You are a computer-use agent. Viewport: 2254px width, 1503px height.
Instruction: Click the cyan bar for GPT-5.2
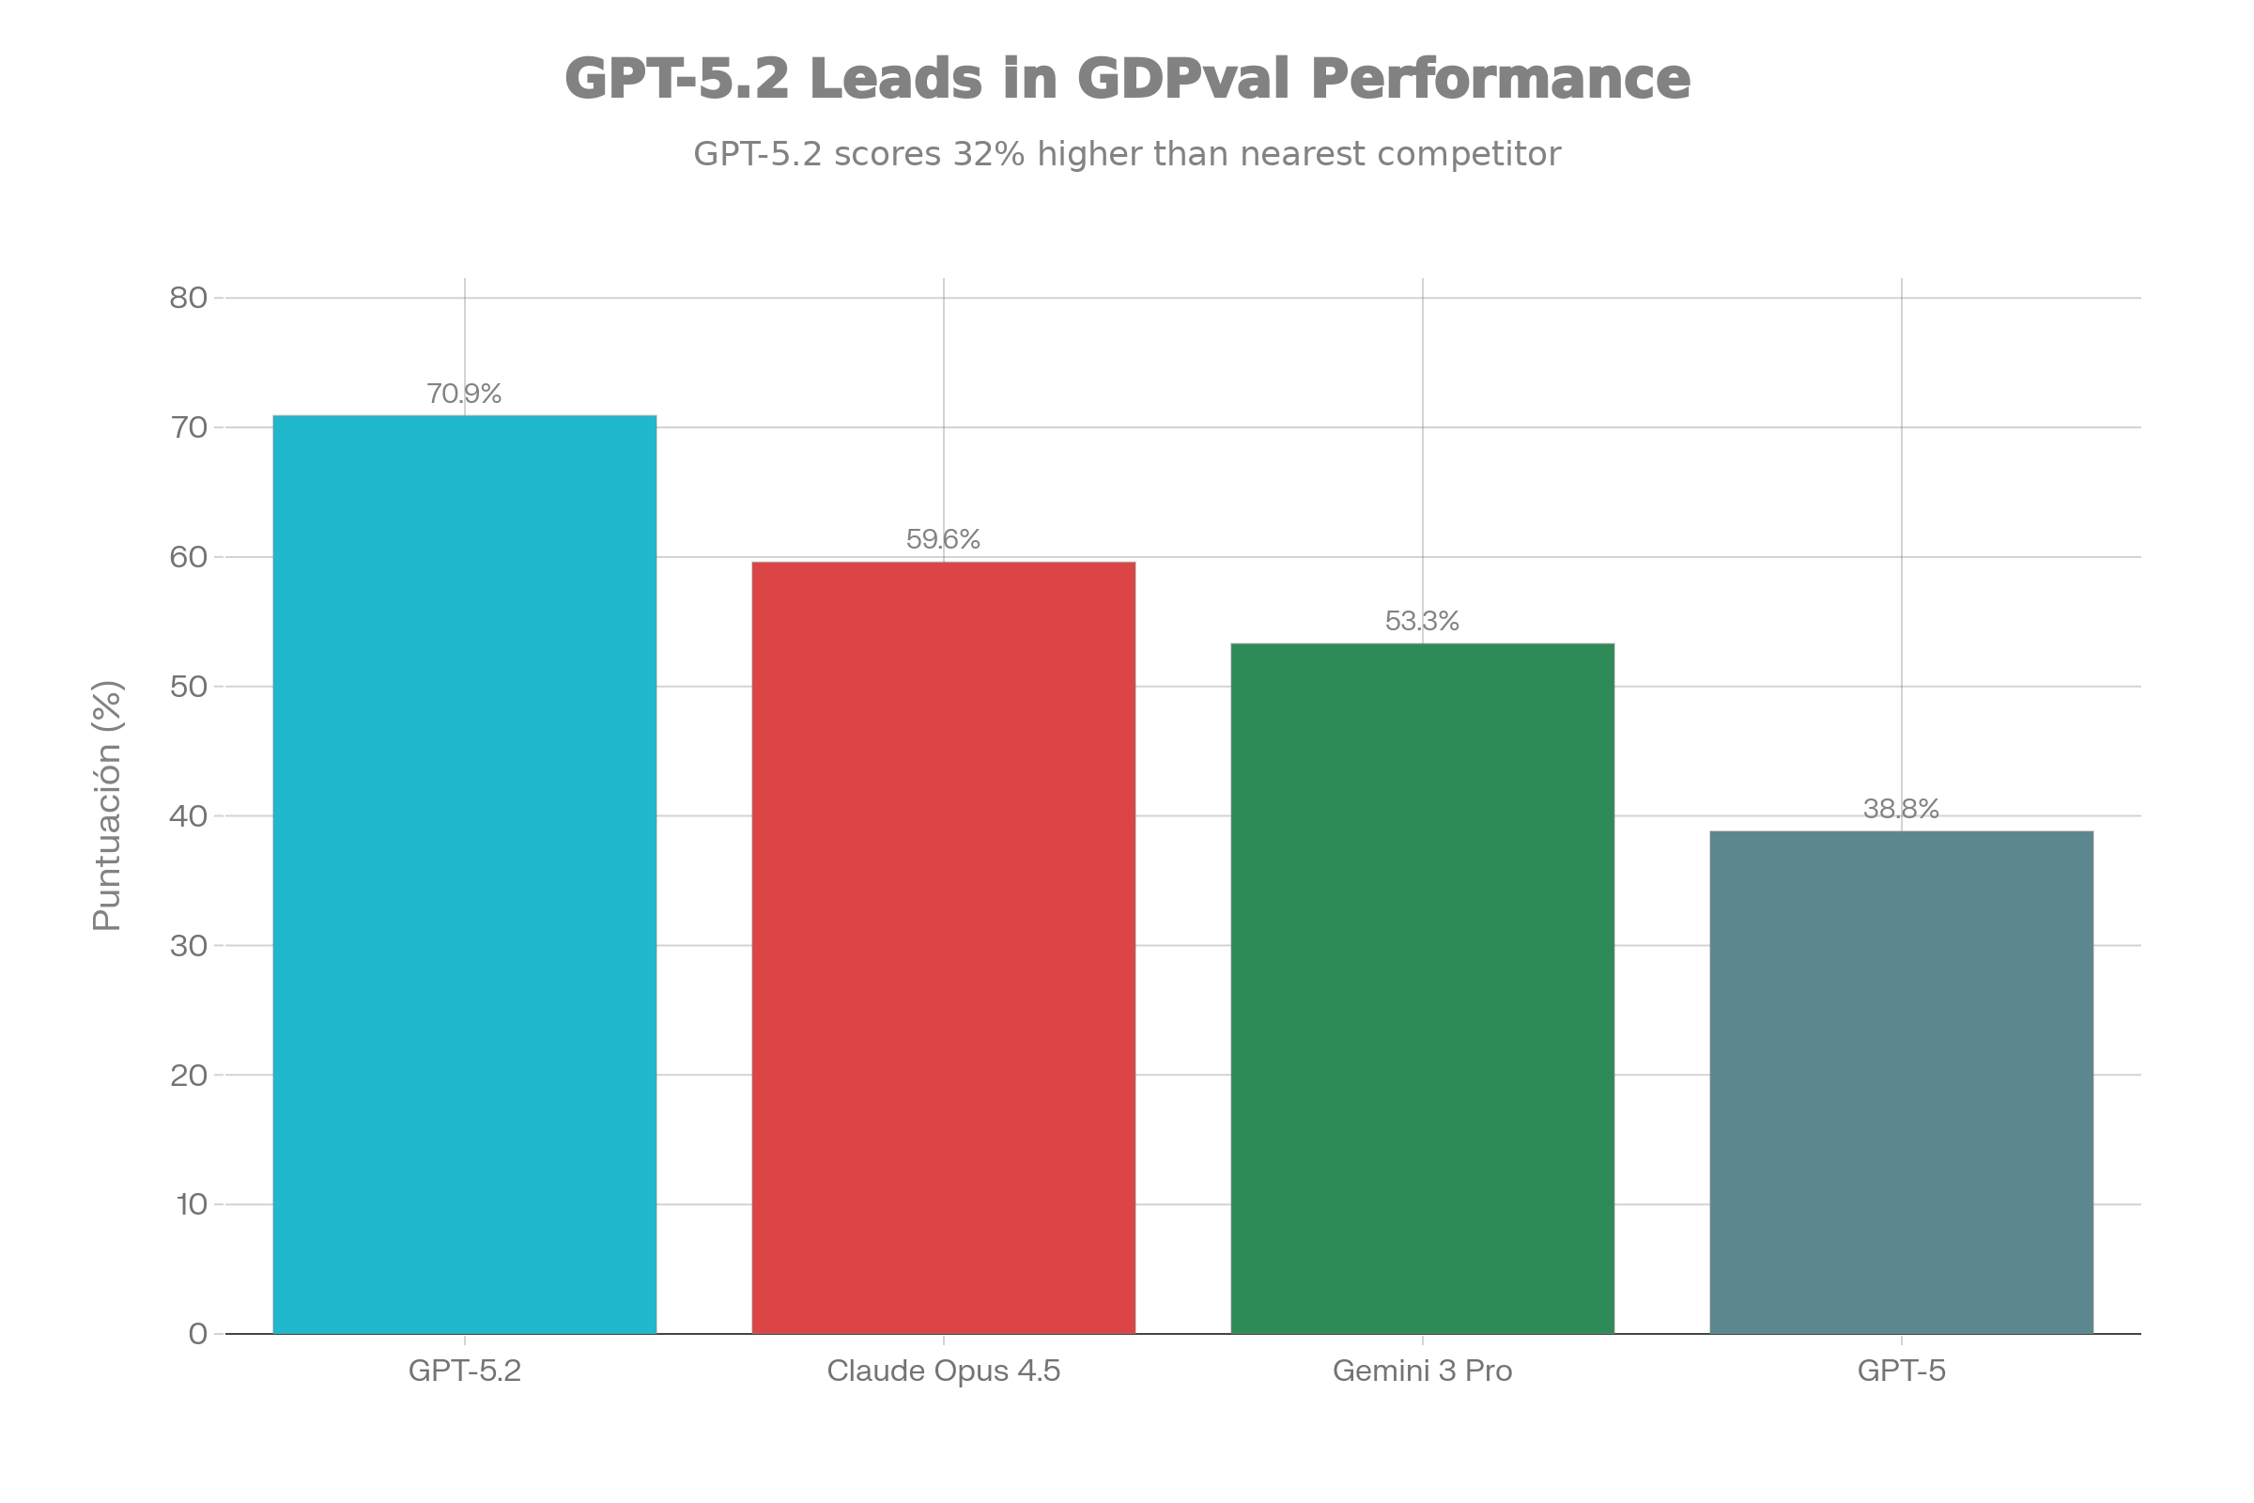tap(465, 874)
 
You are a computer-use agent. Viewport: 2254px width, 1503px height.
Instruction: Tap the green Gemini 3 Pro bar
tap(1422, 987)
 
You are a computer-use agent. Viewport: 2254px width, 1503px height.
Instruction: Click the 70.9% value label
tap(464, 394)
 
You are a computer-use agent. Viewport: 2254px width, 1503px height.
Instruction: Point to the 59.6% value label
tap(943, 539)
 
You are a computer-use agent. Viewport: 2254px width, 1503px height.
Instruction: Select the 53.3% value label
tap(1422, 622)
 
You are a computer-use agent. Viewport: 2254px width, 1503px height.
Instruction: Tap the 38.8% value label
tap(1901, 809)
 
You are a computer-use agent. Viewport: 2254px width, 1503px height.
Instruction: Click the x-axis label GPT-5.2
tap(465, 1371)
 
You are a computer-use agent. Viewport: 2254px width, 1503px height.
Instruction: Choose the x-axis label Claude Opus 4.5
tap(943, 1371)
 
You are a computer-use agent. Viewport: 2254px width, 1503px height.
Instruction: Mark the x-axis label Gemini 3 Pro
tap(1422, 1371)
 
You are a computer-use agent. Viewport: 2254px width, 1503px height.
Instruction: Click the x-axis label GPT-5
tap(1901, 1371)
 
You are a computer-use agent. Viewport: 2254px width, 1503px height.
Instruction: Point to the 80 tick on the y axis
tap(189, 298)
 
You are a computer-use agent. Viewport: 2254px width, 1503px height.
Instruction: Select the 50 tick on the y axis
tap(189, 687)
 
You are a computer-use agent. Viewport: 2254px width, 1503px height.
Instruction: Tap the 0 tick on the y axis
tap(198, 1333)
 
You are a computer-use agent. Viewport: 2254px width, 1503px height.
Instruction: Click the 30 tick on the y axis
tap(189, 946)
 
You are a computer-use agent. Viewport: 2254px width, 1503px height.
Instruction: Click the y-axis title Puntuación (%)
tap(107, 805)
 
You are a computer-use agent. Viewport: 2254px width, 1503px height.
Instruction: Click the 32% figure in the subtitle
tap(988, 154)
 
